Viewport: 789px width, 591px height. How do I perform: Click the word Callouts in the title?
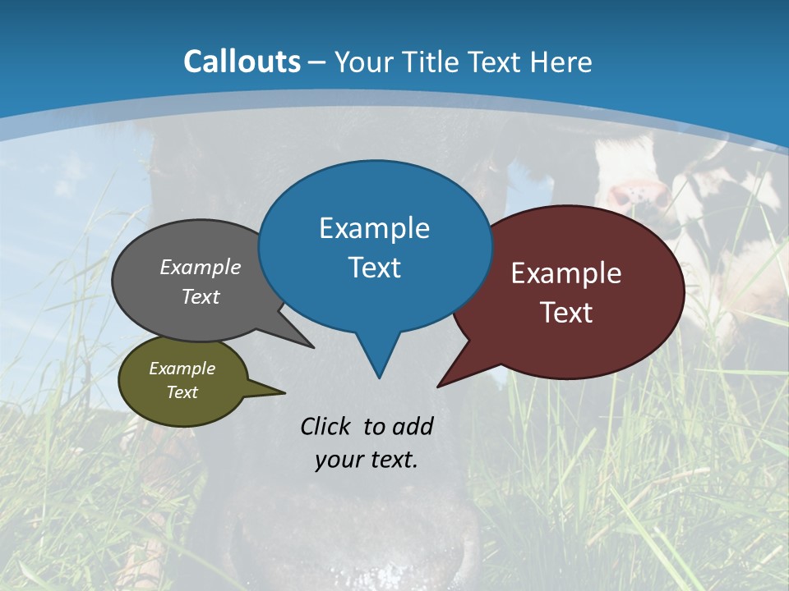pos(242,62)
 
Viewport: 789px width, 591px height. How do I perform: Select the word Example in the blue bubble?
pos(374,228)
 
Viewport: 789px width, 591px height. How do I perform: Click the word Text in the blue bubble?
pos(374,268)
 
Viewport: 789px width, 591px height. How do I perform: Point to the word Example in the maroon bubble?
pos(566,273)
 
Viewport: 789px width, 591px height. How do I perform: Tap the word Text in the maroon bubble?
pos(566,313)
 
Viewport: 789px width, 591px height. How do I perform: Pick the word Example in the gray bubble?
pos(201,268)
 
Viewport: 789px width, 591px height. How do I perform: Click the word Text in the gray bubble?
pos(201,296)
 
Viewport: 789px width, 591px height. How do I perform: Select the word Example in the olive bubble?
pos(182,369)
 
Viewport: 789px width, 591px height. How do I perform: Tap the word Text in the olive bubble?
pos(182,392)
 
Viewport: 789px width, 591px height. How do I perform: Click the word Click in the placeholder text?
pos(327,426)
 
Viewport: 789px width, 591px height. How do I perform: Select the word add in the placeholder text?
pos(413,426)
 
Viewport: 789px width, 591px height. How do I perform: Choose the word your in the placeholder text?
pos(337,460)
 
